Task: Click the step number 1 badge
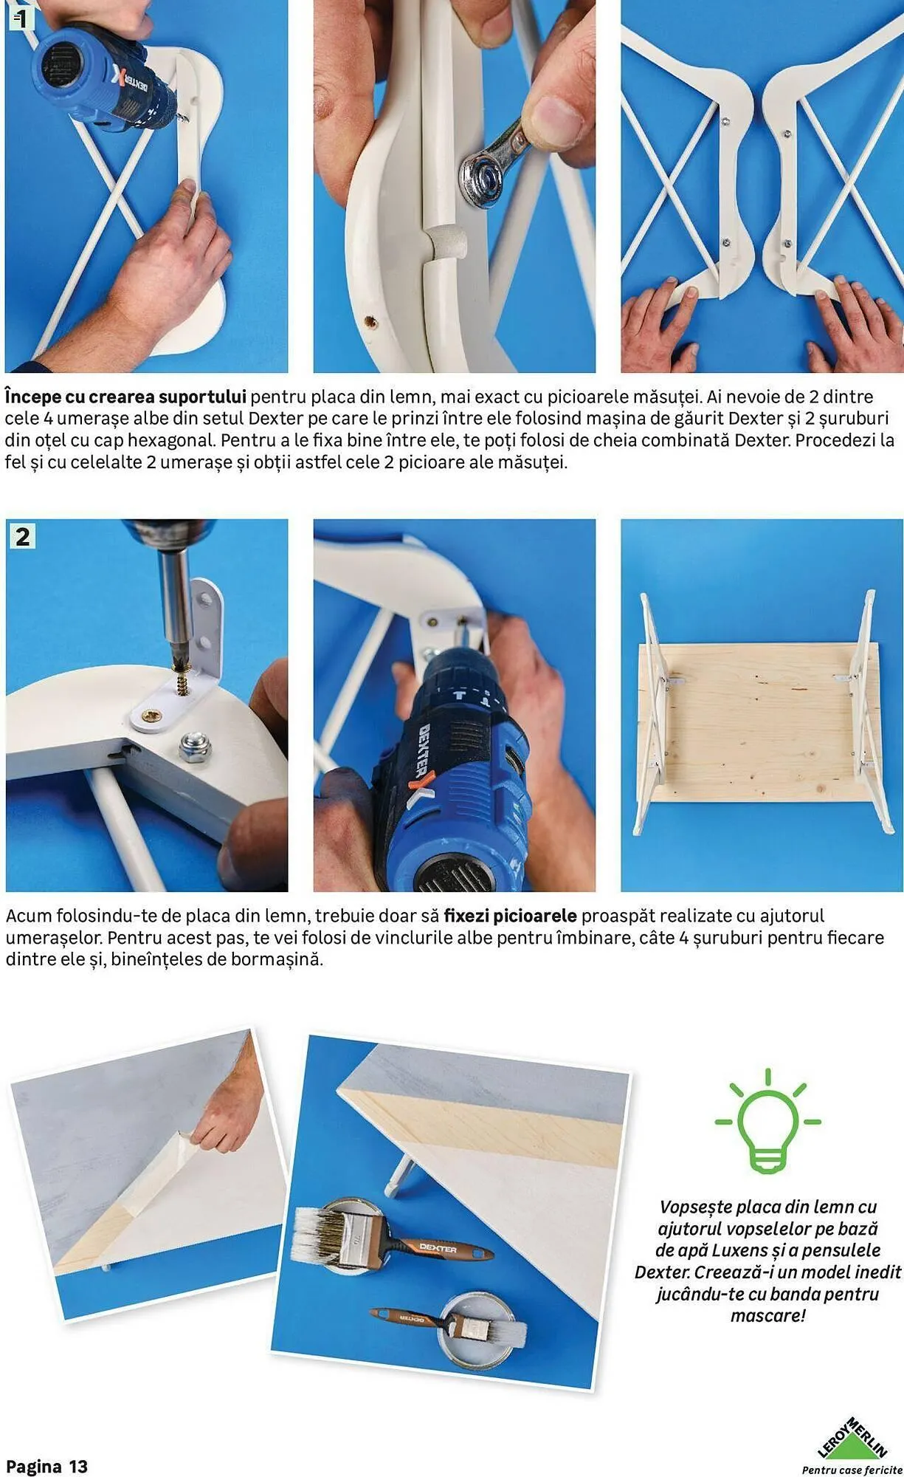click(21, 18)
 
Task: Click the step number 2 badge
click(22, 536)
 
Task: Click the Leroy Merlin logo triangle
click(852, 1437)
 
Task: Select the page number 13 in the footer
click(78, 1466)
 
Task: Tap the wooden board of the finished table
click(759, 722)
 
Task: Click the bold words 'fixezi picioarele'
click(510, 916)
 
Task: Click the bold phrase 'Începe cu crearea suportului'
click(125, 397)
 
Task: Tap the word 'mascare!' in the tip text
click(768, 1315)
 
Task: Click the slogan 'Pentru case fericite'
click(852, 1470)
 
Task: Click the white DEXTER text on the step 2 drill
click(426, 750)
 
